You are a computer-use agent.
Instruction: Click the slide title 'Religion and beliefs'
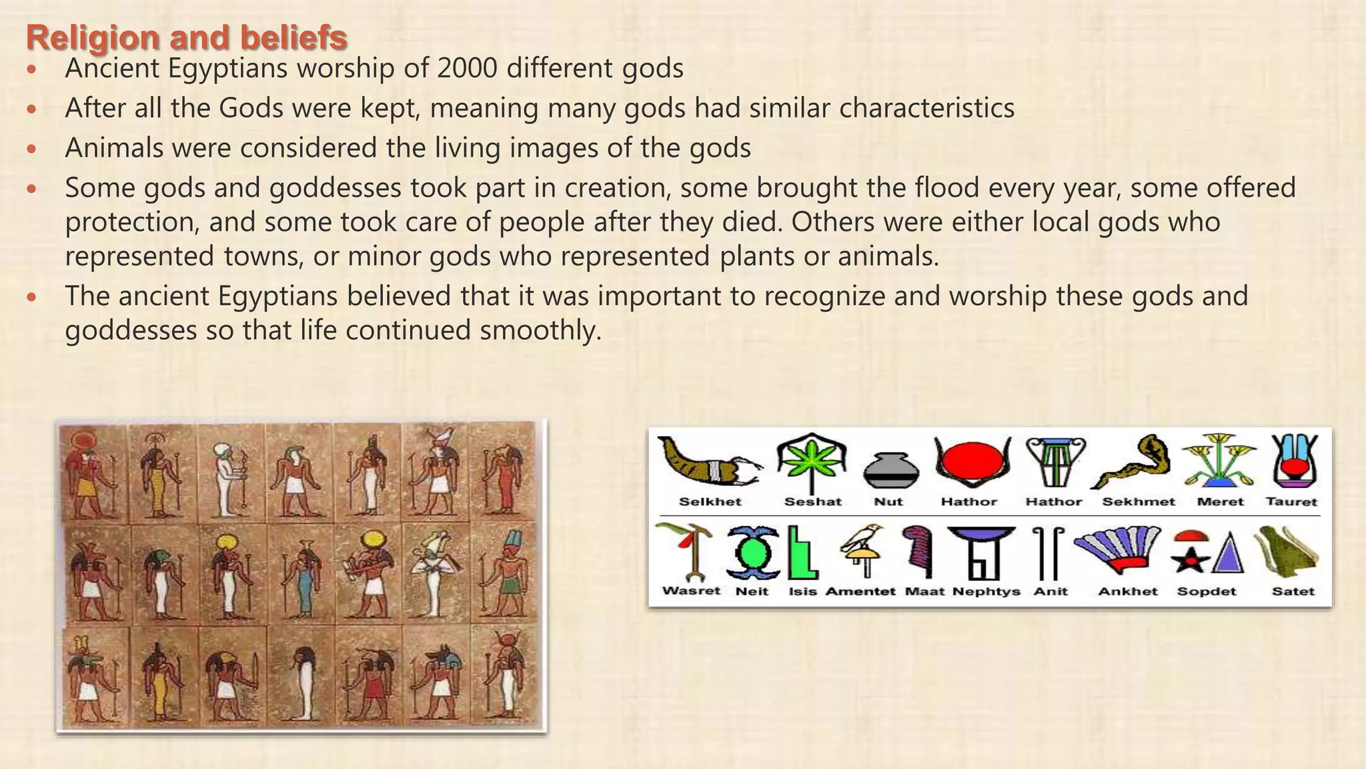tap(186, 37)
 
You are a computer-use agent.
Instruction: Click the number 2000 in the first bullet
tap(466, 68)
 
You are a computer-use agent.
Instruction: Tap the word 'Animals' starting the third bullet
tap(114, 148)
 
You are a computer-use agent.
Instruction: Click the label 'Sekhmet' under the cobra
tap(1138, 502)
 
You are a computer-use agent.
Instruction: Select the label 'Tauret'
tap(1291, 502)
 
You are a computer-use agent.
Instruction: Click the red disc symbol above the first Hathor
tap(972, 461)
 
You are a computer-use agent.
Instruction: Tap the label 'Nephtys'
tap(986, 591)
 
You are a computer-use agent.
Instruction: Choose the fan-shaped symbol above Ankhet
tap(1119, 549)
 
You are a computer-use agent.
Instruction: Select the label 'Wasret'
tap(691, 591)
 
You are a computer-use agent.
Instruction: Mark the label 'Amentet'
tap(860, 591)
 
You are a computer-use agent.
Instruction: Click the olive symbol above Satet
tap(1287, 551)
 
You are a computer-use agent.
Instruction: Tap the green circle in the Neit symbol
tap(752, 552)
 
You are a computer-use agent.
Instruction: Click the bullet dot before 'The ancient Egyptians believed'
tap(31, 296)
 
